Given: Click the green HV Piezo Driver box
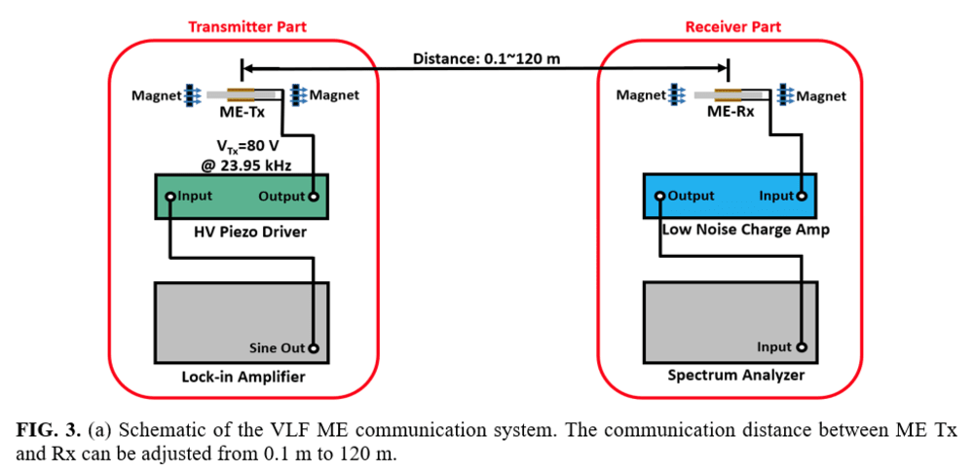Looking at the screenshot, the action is pos(242,197).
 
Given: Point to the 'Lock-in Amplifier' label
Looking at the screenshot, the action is pos(243,377).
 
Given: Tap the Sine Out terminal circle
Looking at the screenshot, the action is pos(315,347).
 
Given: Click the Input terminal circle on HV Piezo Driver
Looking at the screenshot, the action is pos(170,197).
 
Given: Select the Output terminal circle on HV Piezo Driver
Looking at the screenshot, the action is pos(314,197).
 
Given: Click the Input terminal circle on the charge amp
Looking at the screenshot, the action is pos(803,197).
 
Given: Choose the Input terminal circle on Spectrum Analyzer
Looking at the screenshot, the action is pos(803,347).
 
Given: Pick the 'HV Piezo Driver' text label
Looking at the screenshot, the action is pos(242,233).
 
